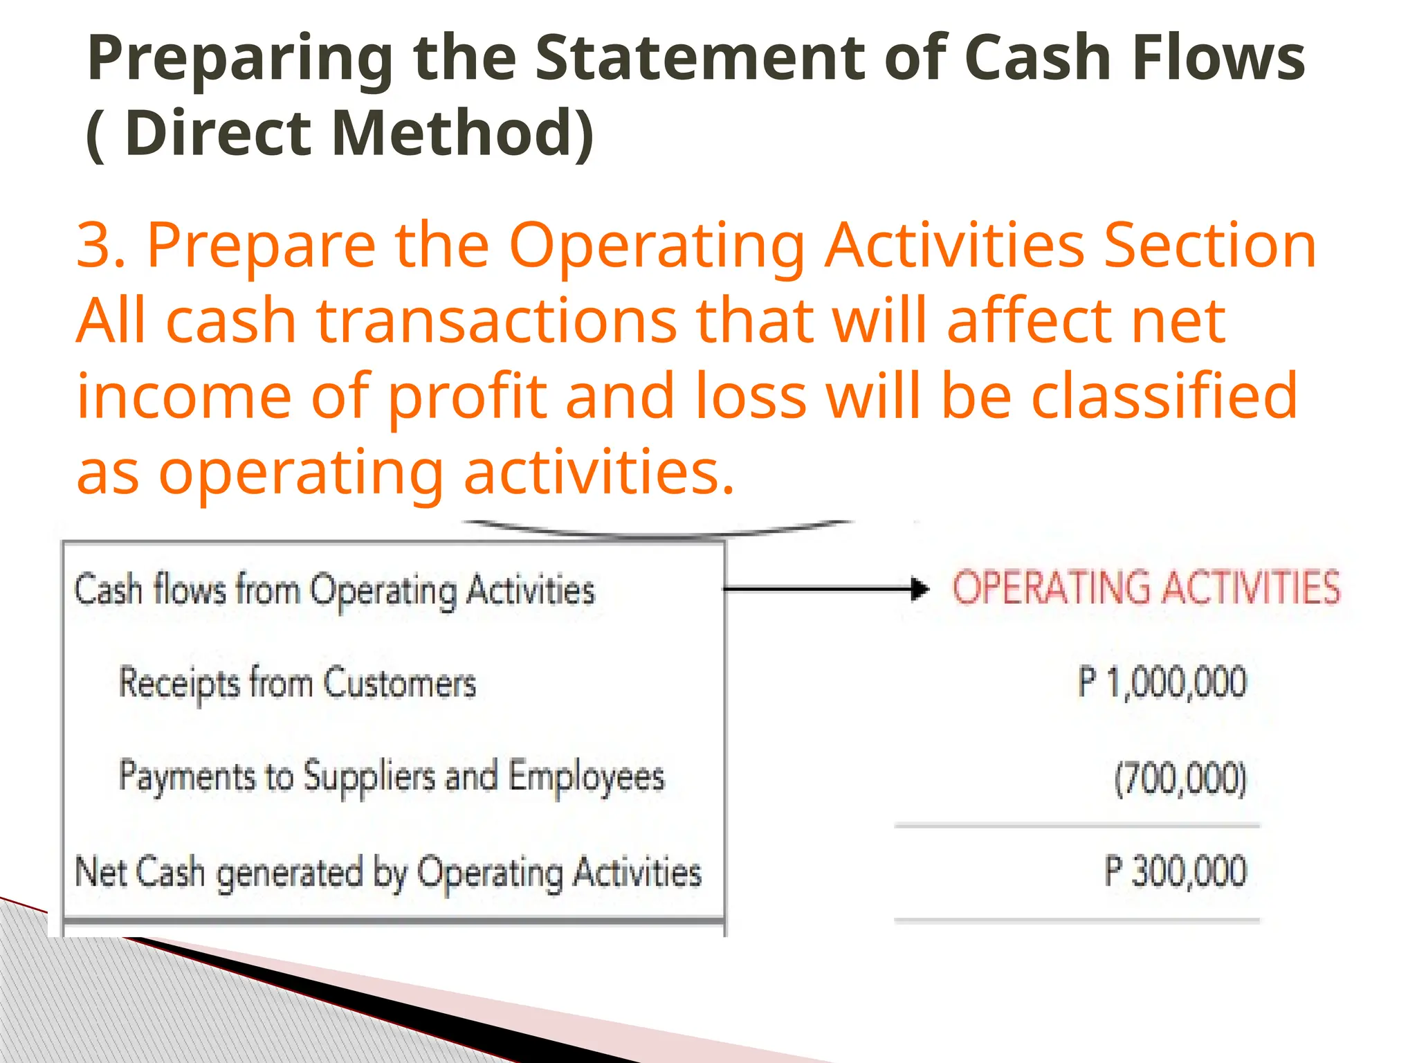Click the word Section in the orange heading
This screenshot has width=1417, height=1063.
pyautogui.click(x=1210, y=245)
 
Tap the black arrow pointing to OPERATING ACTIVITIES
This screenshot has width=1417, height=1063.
pyautogui.click(x=827, y=589)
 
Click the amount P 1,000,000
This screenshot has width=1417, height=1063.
pyautogui.click(x=1162, y=682)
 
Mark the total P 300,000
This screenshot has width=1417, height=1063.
pyautogui.click(x=1175, y=871)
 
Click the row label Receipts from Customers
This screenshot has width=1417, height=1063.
pyautogui.click(x=298, y=683)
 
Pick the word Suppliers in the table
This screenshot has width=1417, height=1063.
pyautogui.click(x=369, y=776)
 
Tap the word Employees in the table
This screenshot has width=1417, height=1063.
pyautogui.click(x=587, y=776)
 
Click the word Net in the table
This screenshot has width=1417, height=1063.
pyautogui.click(x=101, y=871)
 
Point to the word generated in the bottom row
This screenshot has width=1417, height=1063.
pyautogui.click(x=290, y=873)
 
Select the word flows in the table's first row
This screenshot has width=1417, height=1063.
pyautogui.click(x=190, y=590)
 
